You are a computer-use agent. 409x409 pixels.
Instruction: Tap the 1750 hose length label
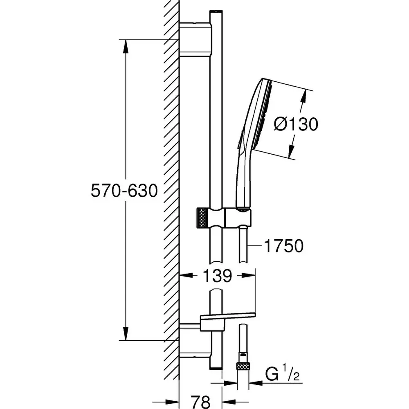(283, 246)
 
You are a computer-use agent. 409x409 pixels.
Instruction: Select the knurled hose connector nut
(243, 366)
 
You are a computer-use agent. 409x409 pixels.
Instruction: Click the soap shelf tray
(227, 317)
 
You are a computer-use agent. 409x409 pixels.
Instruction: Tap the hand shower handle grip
(242, 180)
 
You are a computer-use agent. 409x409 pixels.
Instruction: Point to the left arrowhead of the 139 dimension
(185, 276)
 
